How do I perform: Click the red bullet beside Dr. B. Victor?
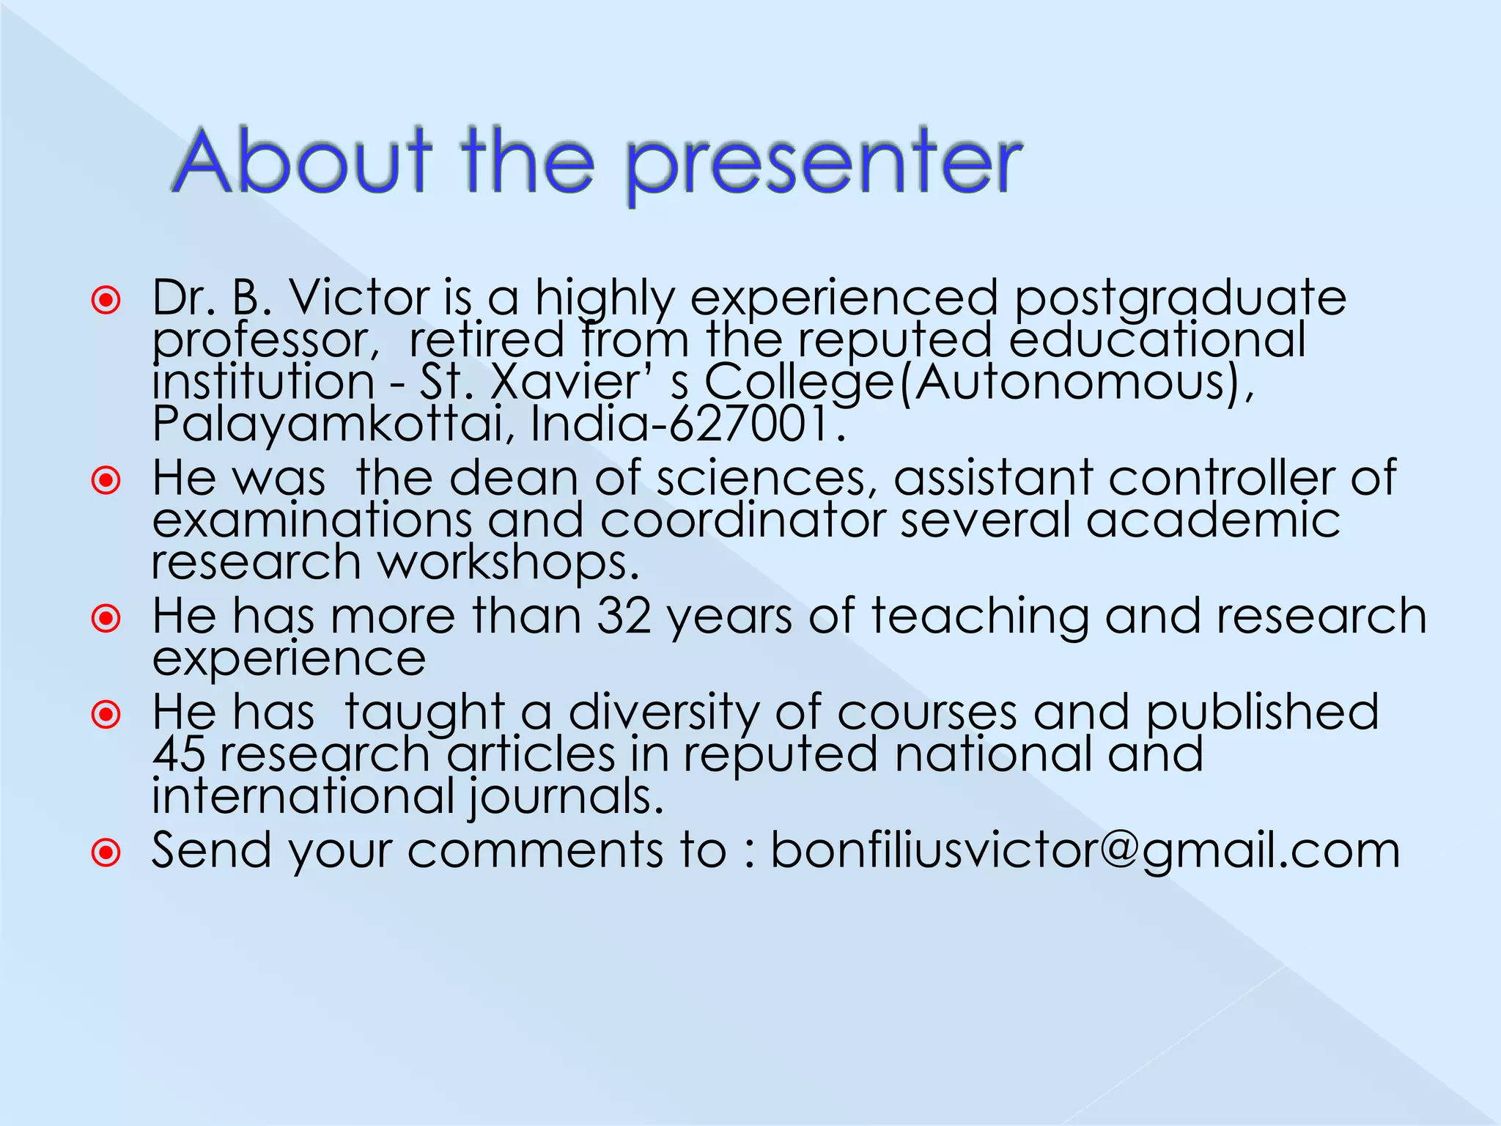[x=106, y=300]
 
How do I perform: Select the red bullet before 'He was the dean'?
[x=106, y=480]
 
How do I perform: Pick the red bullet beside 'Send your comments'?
[x=106, y=852]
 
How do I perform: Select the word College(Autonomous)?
[x=978, y=383]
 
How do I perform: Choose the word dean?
[x=514, y=479]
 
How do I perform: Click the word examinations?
[x=312, y=520]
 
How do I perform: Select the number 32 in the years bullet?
[x=624, y=616]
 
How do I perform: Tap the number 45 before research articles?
[x=179, y=754]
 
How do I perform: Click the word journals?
[x=565, y=798]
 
